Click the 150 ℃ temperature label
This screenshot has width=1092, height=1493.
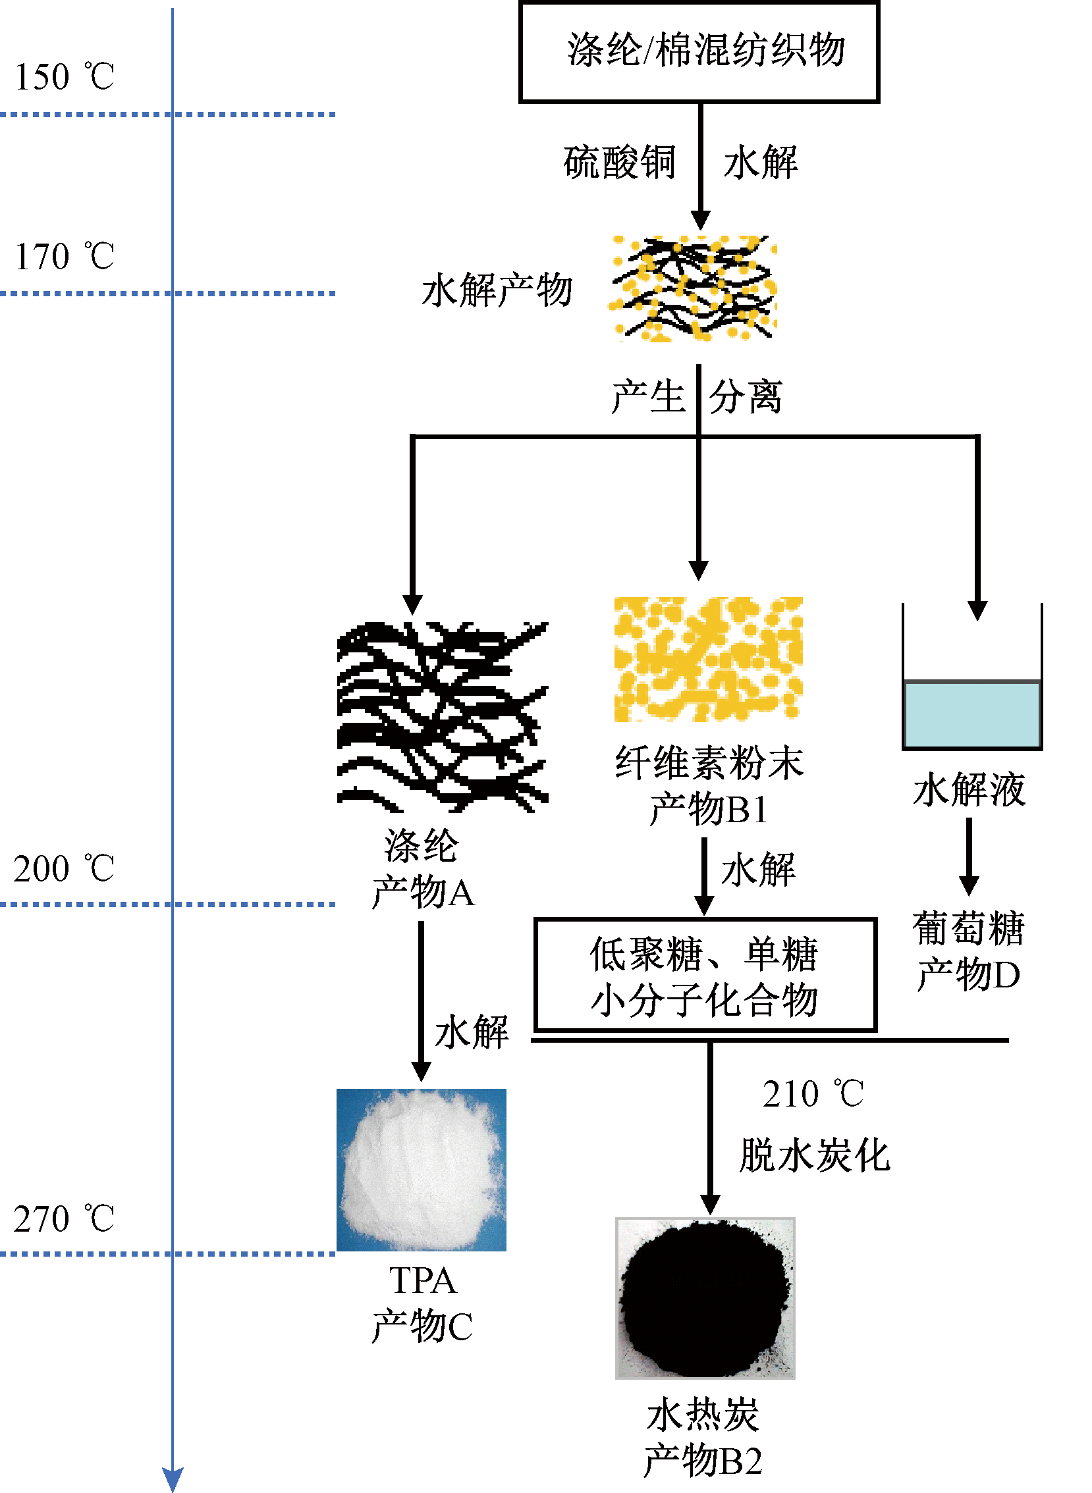tap(64, 76)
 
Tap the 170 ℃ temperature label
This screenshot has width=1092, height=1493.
tap(64, 256)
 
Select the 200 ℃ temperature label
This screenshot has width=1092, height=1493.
tap(63, 868)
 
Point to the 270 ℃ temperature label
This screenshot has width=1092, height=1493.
tap(63, 1219)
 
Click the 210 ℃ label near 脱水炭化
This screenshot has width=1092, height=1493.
tap(812, 1094)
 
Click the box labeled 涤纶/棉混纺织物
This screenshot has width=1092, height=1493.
tap(699, 52)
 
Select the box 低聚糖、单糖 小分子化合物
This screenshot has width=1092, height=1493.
tap(705, 974)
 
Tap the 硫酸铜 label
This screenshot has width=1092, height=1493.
tap(619, 163)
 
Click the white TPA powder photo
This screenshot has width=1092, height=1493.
tap(421, 1169)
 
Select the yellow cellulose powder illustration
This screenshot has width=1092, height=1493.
tap(708, 660)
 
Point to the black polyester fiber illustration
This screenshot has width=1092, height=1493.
tap(442, 717)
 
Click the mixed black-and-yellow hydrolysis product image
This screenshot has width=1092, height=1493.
tap(692, 289)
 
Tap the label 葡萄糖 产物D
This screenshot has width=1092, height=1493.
tap(968, 951)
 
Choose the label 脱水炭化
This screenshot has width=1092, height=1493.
tap(814, 1155)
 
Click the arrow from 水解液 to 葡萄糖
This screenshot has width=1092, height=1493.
tap(969, 856)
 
